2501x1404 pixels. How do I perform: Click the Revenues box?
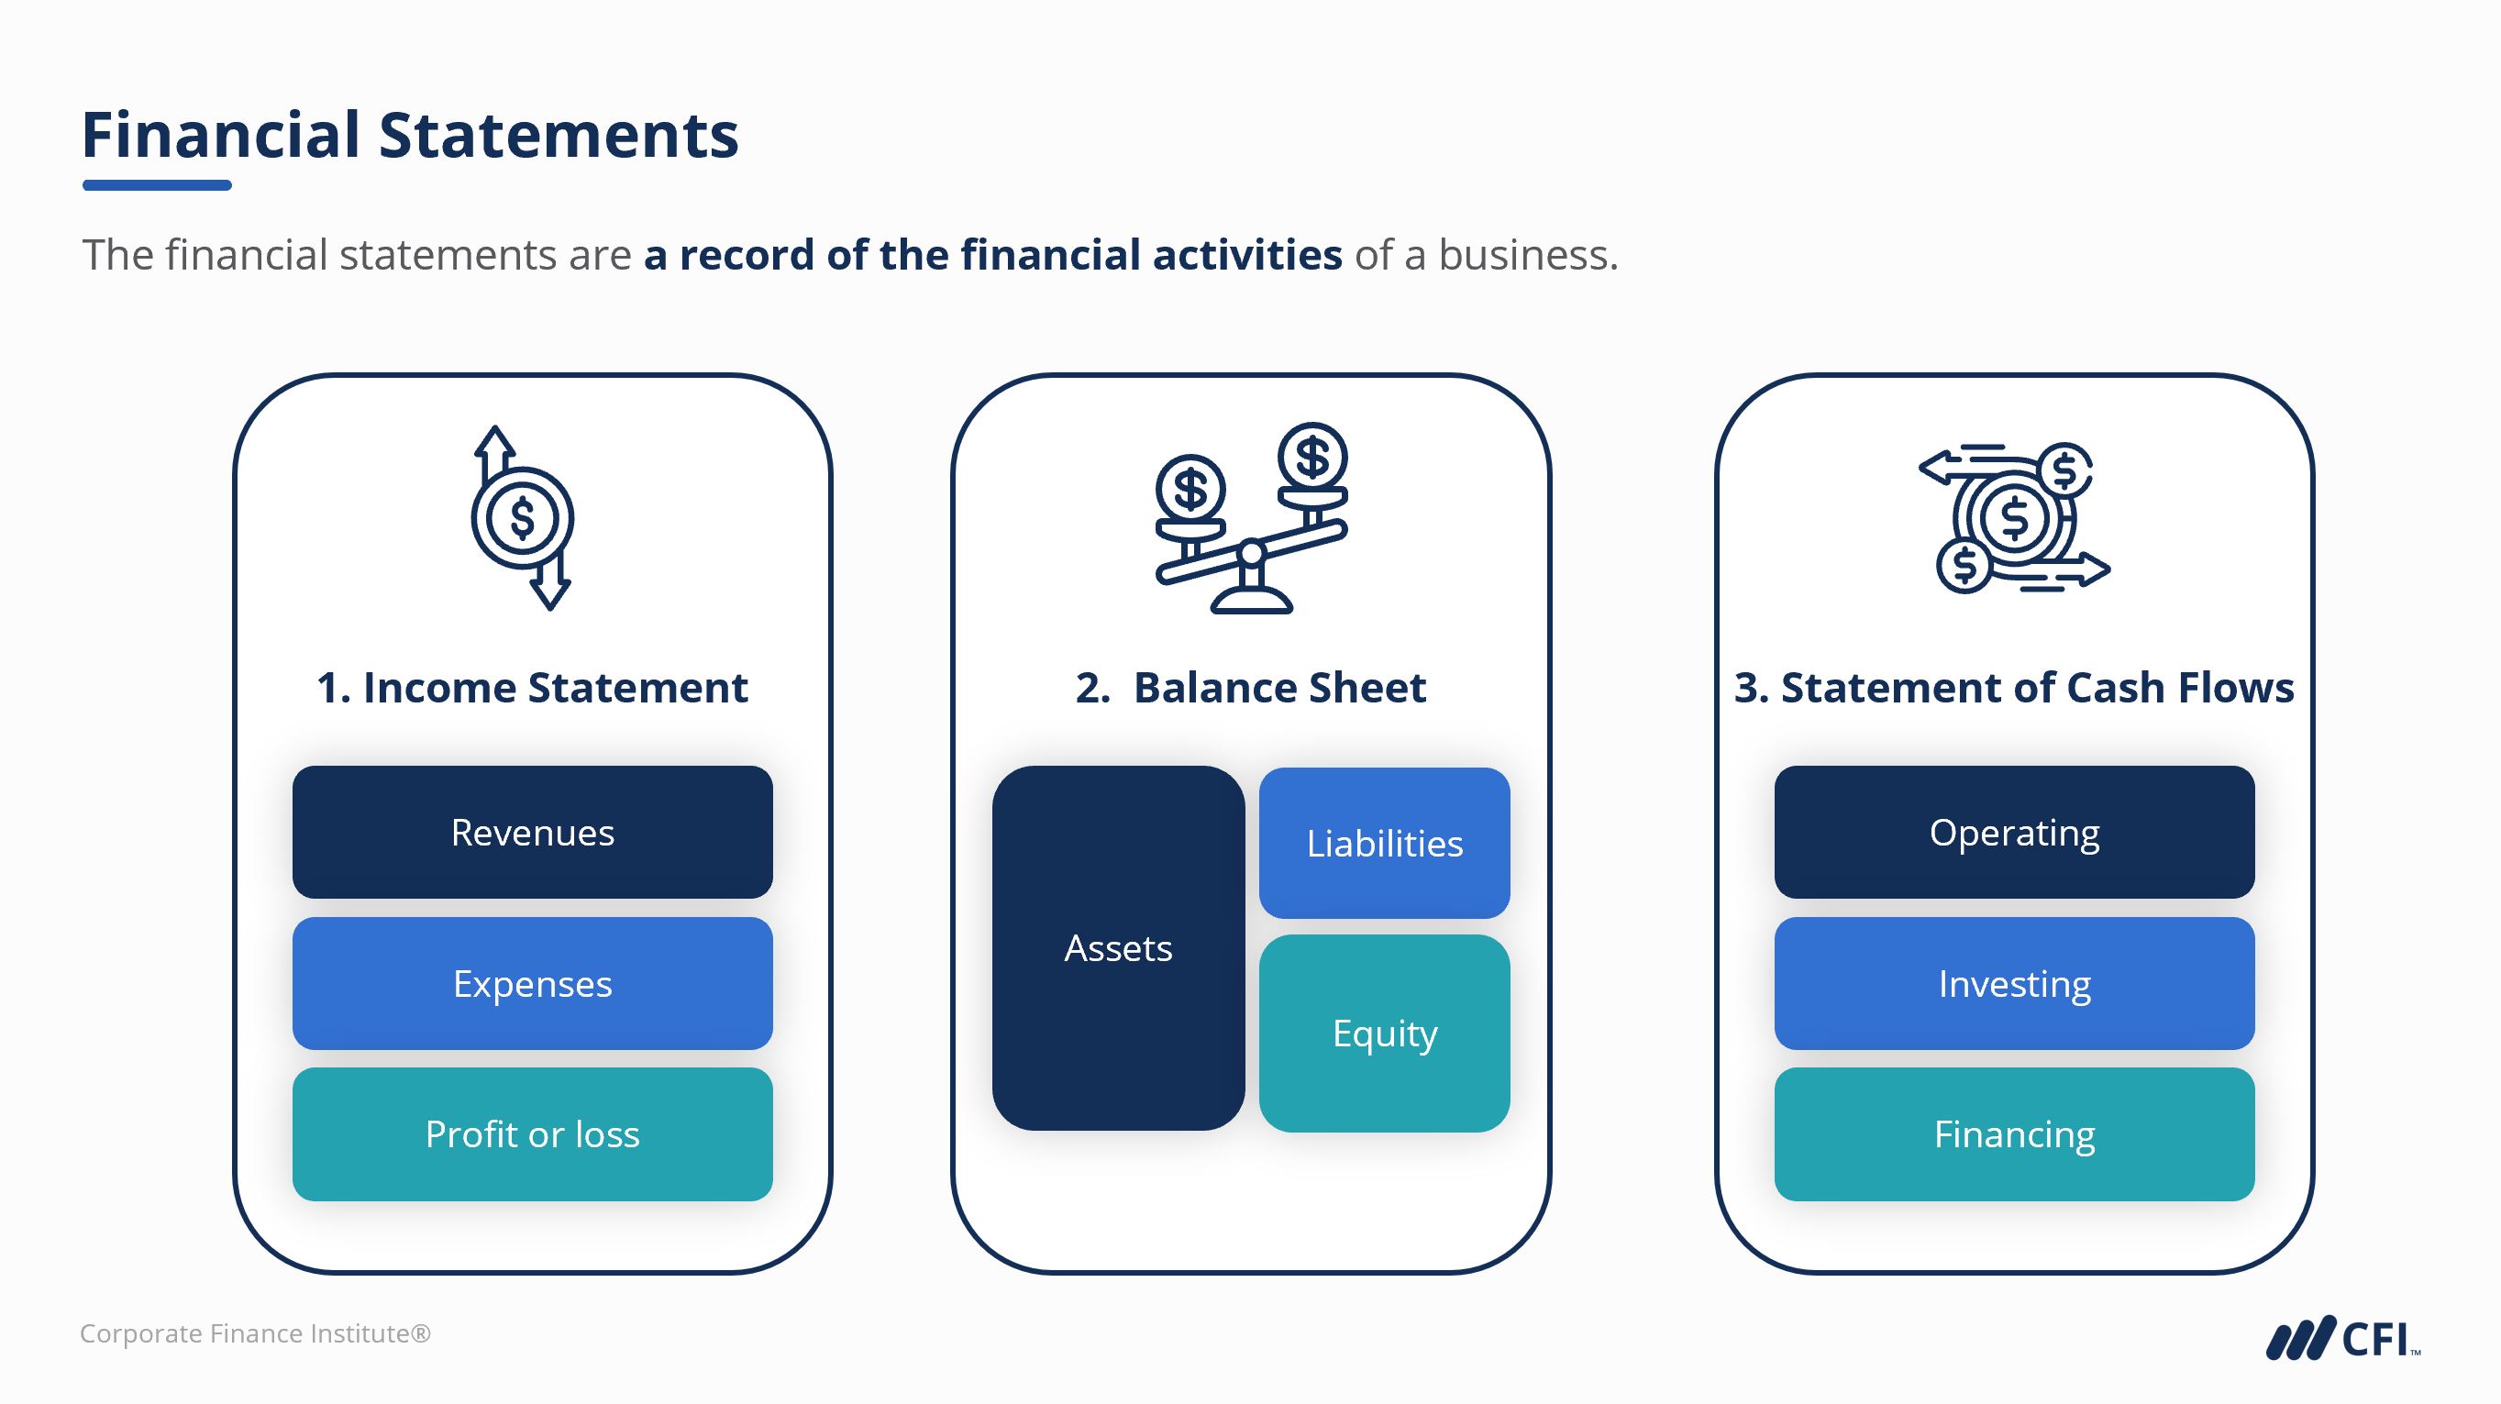click(x=532, y=832)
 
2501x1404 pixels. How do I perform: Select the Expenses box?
click(x=532, y=984)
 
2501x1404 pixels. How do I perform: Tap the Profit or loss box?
click(x=532, y=1134)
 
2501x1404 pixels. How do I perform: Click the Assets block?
click(x=1117, y=947)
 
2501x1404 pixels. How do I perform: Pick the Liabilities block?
click(x=1385, y=843)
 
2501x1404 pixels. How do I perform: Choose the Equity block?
click(x=1385, y=1034)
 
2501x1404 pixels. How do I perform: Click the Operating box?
click(x=2014, y=832)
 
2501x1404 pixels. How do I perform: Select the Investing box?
click(x=2014, y=984)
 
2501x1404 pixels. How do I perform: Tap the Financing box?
click(x=2014, y=1134)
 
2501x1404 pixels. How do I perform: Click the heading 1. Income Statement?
click(x=532, y=688)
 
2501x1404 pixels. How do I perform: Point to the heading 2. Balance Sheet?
click(x=1251, y=688)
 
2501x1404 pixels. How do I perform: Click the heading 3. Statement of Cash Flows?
click(x=2014, y=688)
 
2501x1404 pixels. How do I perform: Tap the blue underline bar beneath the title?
click(x=157, y=184)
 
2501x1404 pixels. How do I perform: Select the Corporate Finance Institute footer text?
click(x=255, y=1334)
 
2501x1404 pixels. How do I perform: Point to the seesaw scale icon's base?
click(x=1251, y=600)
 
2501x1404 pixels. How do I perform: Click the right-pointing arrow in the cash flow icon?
click(x=2087, y=570)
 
